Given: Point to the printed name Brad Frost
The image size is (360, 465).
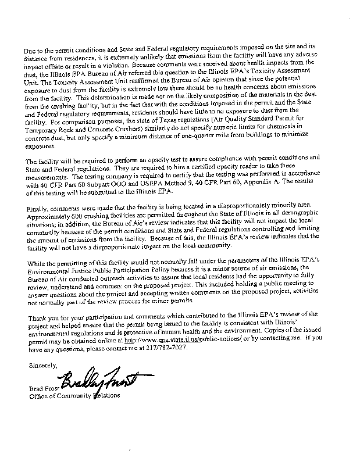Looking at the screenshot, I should (43, 389).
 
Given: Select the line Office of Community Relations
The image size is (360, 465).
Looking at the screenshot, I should (74, 396).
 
